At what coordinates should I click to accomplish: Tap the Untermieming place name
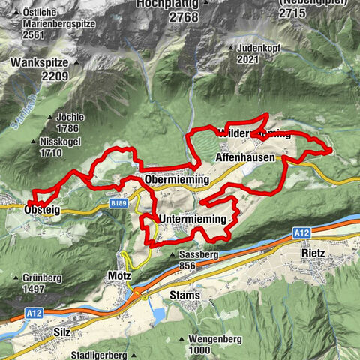tap(193, 218)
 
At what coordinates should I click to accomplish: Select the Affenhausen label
tap(244, 159)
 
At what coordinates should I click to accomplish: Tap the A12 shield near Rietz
tap(301, 234)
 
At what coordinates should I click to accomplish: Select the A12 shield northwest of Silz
tap(32, 313)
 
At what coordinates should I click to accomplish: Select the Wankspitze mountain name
tap(39, 64)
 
